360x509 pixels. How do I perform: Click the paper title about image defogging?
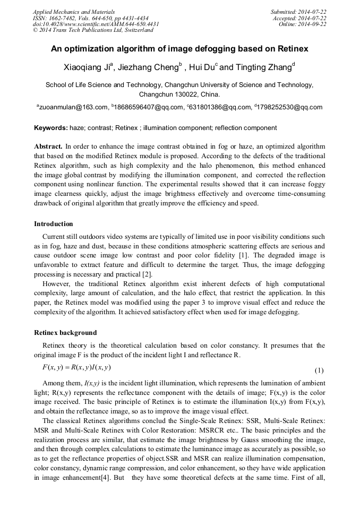tap(179, 49)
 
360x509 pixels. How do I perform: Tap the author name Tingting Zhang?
tap(260, 67)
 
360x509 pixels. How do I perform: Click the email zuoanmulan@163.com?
tap(73, 107)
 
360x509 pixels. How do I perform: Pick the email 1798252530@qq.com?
tap(289, 107)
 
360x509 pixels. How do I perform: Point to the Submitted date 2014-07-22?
tap(299, 11)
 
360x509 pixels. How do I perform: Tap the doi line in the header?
tap(96, 24)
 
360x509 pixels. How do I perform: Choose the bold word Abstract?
tap(48, 146)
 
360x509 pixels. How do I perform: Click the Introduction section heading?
tap(54, 224)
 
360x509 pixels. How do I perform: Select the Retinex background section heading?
tap(65, 333)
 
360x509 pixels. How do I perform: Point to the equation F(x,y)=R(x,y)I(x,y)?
tap(76, 367)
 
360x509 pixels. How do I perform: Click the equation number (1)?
tap(319, 370)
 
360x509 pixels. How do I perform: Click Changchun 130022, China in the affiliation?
tap(179, 94)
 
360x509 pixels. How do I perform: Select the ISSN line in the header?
tap(90, 18)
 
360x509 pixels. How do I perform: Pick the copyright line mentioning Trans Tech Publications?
tap(93, 30)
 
